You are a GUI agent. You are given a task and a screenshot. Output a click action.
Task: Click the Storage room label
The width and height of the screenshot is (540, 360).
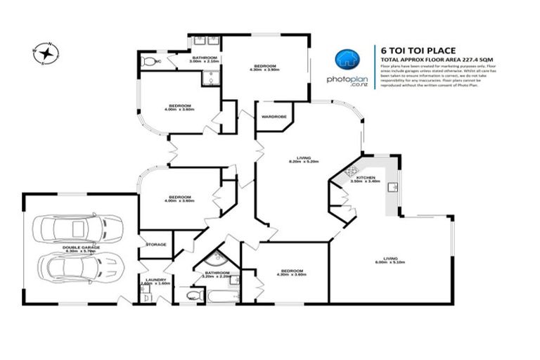coord(156,244)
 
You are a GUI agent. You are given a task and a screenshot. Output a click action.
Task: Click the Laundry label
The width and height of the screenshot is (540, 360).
coord(155,281)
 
